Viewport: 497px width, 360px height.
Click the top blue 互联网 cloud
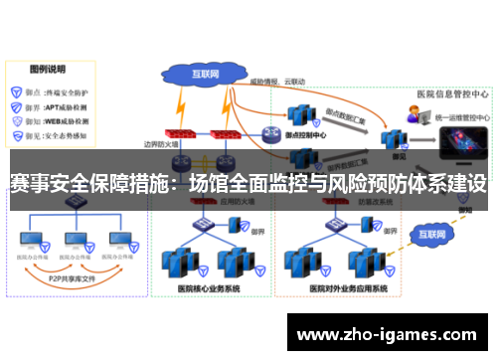click(205, 74)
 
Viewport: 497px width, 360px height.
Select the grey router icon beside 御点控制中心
click(270, 133)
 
